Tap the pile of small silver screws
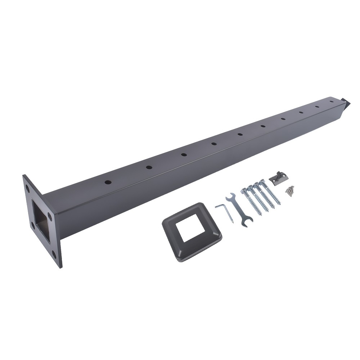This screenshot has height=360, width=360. (x=289, y=190)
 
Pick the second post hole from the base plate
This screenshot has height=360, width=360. (x=148, y=167)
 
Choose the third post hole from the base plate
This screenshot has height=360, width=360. (x=184, y=154)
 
